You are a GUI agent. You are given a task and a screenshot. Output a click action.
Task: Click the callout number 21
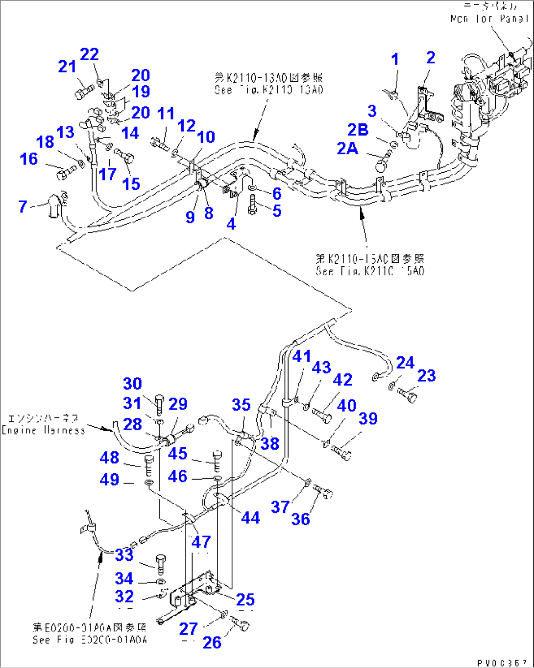pyautogui.click(x=68, y=66)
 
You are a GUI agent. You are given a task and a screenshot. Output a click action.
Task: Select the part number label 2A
pyautogui.click(x=347, y=148)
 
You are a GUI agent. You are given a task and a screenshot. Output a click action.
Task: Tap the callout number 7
pyautogui.click(x=23, y=206)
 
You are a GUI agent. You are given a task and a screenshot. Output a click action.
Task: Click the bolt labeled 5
pyautogui.click(x=252, y=205)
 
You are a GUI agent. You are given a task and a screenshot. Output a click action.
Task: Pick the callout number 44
pyautogui.click(x=250, y=517)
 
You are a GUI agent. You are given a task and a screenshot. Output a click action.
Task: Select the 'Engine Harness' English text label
pyautogui.click(x=44, y=430)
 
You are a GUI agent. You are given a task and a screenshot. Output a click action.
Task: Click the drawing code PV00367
pyautogui.click(x=502, y=663)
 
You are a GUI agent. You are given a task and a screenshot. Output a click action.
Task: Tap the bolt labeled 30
pyautogui.click(x=160, y=404)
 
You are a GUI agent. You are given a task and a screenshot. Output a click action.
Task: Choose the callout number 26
pyautogui.click(x=212, y=643)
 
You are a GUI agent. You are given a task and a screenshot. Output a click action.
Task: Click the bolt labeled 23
pyautogui.click(x=408, y=394)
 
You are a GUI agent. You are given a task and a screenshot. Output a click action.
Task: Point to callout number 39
pyautogui.click(x=368, y=418)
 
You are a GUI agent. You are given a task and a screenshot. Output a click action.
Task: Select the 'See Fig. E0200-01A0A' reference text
pyautogui.click(x=90, y=640)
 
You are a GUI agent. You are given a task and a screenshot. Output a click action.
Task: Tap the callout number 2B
pyautogui.click(x=358, y=129)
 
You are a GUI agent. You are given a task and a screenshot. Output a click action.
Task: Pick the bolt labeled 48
pyautogui.click(x=149, y=465)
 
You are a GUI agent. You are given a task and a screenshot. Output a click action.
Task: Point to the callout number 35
pyautogui.click(x=241, y=405)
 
